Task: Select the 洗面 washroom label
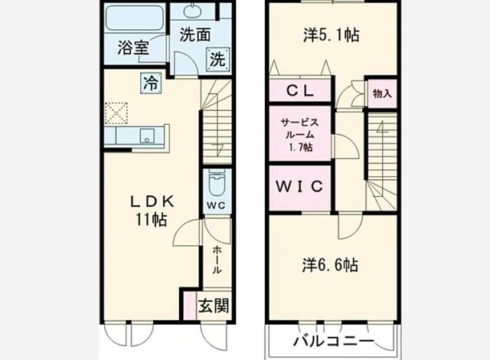[x=195, y=34]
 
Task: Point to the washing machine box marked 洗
[x=217, y=57]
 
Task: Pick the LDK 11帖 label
[x=152, y=210]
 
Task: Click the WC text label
[x=216, y=205]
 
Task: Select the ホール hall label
[x=217, y=260]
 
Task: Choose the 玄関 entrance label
[x=214, y=306]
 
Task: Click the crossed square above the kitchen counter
[x=116, y=113]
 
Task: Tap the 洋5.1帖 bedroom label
[x=332, y=34]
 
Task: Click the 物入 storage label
[x=381, y=93]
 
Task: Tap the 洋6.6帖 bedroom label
[x=329, y=265]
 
